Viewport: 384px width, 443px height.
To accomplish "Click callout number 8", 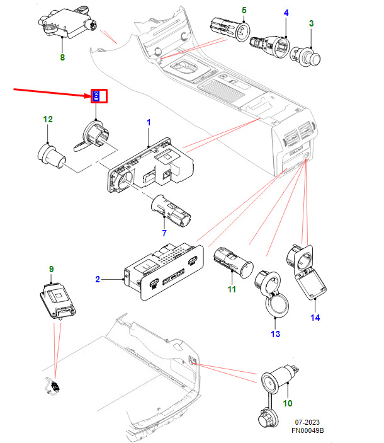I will tap(62, 57).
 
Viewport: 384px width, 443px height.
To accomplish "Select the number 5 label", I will tap(244, 11).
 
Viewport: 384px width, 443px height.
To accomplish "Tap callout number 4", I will tap(286, 13).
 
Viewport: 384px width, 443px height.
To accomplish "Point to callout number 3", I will tap(310, 23).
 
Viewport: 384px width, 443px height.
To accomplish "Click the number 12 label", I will tap(48, 119).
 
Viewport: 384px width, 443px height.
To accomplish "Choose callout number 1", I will tap(149, 121).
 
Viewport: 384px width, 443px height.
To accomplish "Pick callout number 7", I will tap(164, 234).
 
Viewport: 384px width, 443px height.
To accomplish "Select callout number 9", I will tap(52, 269).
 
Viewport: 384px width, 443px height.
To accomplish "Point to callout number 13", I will tap(275, 333).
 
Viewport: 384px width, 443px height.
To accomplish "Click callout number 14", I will tap(315, 318).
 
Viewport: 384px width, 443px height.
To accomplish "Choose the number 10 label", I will tap(288, 403).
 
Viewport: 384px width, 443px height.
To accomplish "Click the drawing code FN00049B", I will tap(307, 430).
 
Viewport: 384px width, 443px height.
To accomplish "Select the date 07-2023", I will tap(307, 422).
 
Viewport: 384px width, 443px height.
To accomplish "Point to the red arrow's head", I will tap(90, 96).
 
